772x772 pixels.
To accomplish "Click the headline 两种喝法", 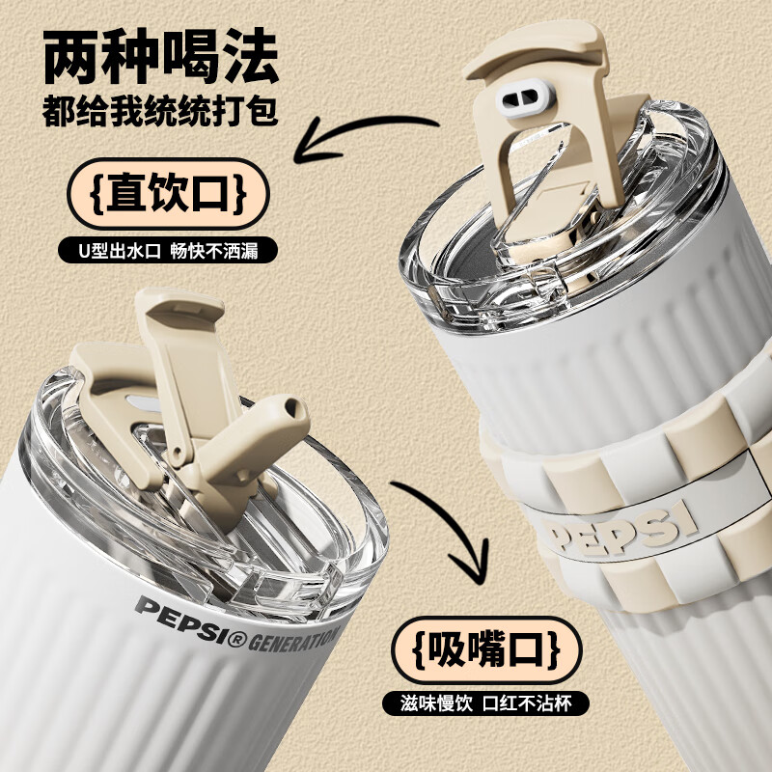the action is [161, 56].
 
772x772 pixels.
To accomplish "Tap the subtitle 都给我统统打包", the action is [160, 112].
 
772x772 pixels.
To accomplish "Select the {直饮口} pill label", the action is [168, 194].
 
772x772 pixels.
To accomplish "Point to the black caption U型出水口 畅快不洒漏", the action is [168, 251].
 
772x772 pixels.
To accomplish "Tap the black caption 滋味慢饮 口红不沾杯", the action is [486, 703].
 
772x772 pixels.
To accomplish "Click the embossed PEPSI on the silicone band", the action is [622, 531].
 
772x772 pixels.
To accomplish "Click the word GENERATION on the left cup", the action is [294, 640].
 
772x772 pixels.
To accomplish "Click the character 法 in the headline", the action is [251, 56].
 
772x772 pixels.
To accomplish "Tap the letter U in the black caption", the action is [83, 251].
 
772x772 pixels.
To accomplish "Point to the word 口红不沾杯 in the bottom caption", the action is [527, 703].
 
